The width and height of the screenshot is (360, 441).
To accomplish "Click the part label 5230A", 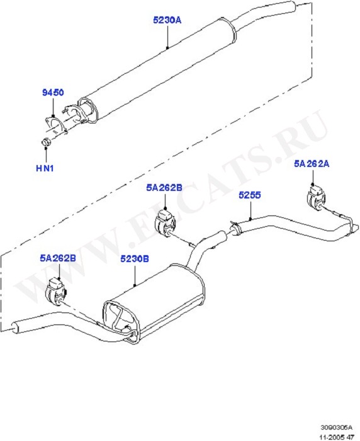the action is pyautogui.click(x=167, y=20).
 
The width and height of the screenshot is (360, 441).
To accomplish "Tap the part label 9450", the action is pyautogui.click(x=53, y=92).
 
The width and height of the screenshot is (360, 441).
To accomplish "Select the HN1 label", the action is pyautogui.click(x=45, y=168).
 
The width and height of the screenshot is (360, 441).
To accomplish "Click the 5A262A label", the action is pyautogui.click(x=312, y=164).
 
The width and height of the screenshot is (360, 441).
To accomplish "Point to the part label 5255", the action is pyautogui.click(x=250, y=195).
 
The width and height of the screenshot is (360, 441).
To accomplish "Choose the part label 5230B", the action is pyautogui.click(x=135, y=259).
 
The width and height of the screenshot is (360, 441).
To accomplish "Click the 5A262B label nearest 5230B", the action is pyautogui.click(x=58, y=258).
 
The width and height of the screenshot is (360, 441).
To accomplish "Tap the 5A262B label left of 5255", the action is pyautogui.click(x=164, y=188).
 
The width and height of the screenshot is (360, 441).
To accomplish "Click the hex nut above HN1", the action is pyautogui.click(x=45, y=142).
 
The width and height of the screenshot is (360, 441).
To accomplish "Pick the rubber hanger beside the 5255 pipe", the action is pyautogui.click(x=165, y=222).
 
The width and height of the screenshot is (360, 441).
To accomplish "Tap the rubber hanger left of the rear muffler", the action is pyautogui.click(x=55, y=291).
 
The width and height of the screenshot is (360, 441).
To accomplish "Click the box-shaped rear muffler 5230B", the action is pyautogui.click(x=153, y=304).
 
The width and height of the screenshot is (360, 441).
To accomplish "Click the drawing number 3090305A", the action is pyautogui.click(x=336, y=428).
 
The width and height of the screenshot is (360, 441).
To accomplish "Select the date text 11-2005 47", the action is pyautogui.click(x=336, y=437).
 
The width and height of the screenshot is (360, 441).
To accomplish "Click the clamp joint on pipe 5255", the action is pyautogui.click(x=235, y=228).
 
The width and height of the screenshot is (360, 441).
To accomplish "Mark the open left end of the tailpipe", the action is pyautogui.click(x=14, y=328).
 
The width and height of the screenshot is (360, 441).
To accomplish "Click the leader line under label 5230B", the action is pyautogui.click(x=135, y=276).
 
